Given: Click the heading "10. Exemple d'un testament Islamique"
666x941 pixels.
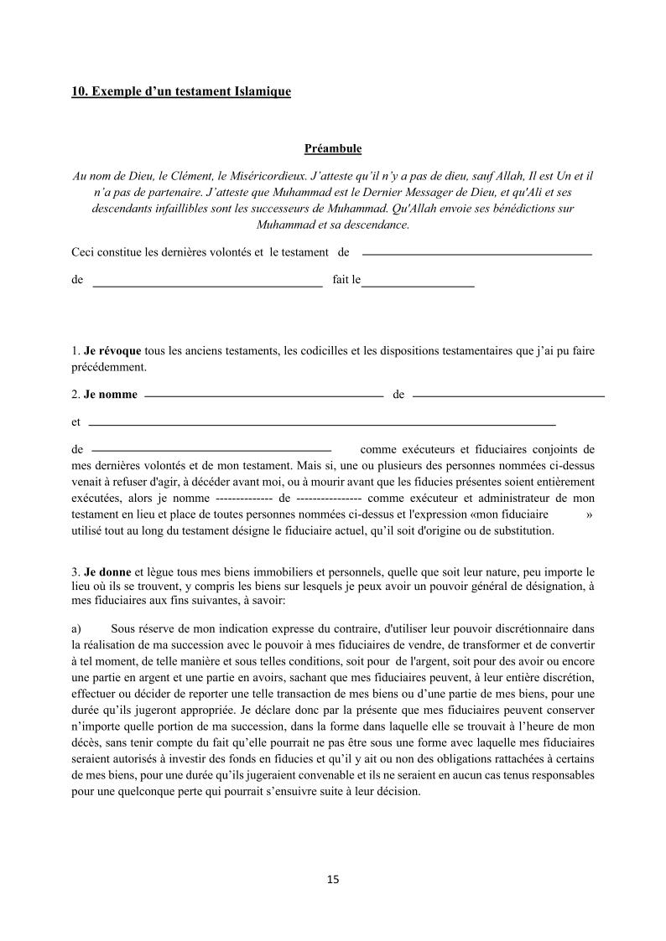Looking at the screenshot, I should point(181,91).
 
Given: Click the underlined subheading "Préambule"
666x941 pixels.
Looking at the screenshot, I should point(333,148).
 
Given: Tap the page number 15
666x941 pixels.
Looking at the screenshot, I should point(333,879).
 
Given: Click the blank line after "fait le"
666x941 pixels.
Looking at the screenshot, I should point(418,287).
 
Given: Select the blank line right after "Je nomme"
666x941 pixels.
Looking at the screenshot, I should point(263,395).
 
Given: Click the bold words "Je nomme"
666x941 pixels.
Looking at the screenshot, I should point(111,395).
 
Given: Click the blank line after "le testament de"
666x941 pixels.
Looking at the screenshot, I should point(476,253).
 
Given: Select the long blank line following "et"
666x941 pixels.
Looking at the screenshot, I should point(322,425).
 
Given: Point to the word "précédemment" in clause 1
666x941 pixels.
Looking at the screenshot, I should point(109,366).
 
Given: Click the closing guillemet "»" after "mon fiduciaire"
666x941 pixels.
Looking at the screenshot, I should point(590,514).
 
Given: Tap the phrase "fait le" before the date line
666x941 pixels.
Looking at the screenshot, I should point(346,280).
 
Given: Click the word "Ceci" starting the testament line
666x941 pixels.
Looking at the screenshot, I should point(84,252).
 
